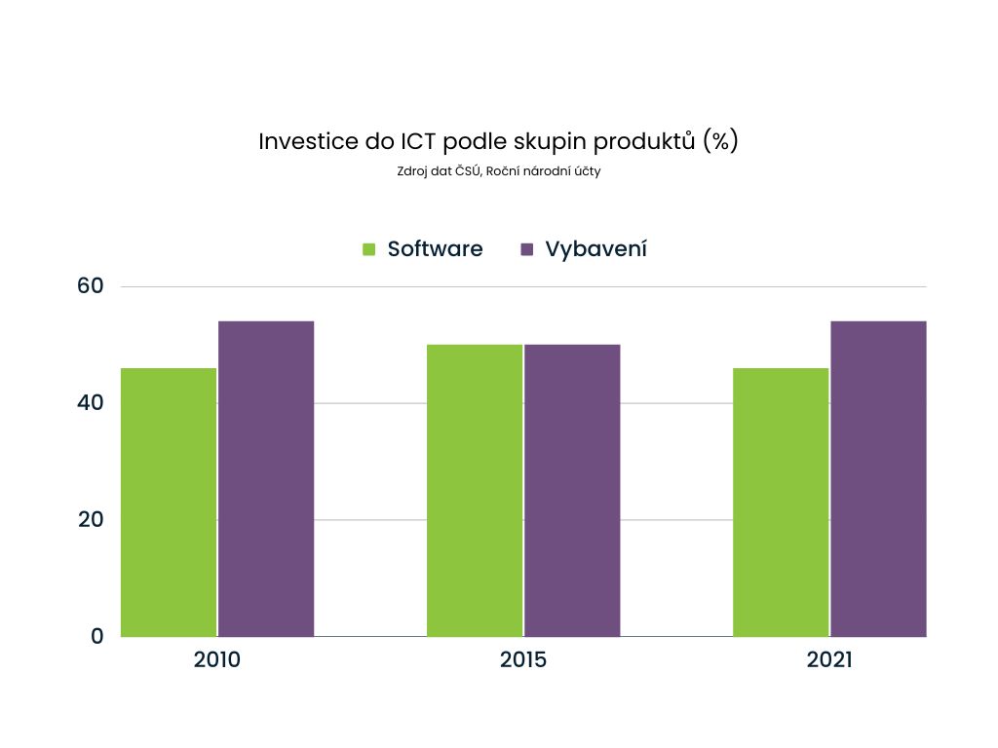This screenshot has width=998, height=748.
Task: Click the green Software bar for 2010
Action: tap(169, 502)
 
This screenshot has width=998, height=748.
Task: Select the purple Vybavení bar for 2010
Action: tap(266, 478)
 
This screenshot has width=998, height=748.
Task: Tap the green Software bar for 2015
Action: tap(475, 490)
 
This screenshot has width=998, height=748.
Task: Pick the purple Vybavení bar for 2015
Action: tap(572, 490)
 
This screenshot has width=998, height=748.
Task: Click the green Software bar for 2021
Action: tap(781, 502)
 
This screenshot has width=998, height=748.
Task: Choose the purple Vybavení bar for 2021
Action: tap(878, 478)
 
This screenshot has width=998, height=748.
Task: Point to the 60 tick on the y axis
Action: tap(91, 286)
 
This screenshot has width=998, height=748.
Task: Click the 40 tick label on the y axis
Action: tap(91, 402)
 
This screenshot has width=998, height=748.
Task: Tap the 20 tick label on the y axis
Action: tap(91, 519)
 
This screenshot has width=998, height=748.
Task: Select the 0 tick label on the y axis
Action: tap(96, 636)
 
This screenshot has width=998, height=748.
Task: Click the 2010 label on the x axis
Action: tap(217, 660)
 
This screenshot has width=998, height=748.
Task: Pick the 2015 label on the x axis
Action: tap(523, 660)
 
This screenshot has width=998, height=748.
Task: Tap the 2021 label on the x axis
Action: tap(829, 660)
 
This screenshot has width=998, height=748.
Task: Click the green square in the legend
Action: tap(369, 249)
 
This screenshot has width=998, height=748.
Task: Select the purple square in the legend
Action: tap(527, 249)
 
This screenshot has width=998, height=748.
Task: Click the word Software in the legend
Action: tap(435, 248)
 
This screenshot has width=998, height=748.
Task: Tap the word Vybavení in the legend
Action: tap(595, 249)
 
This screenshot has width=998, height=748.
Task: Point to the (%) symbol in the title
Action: tap(719, 141)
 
